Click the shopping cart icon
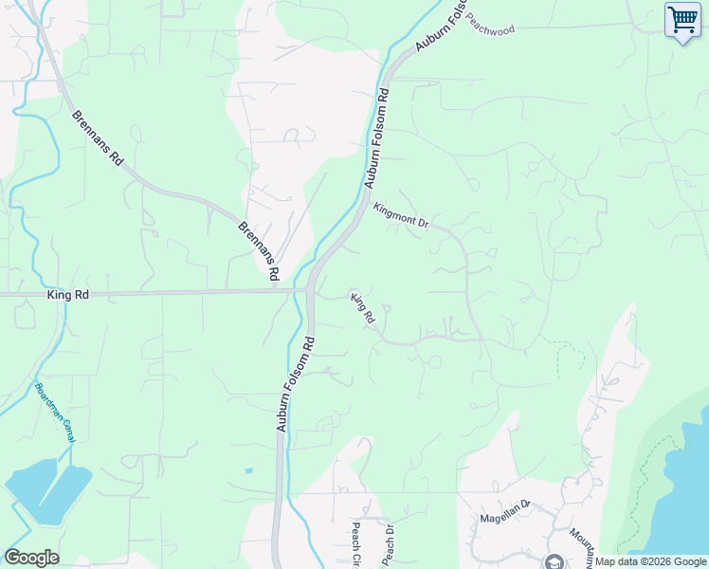click(x=682, y=20)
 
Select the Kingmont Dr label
click(x=401, y=215)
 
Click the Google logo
click(x=31, y=557)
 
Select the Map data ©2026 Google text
click(x=651, y=561)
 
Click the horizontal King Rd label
click(x=67, y=296)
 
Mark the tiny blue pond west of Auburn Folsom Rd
click(x=247, y=470)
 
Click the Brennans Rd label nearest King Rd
click(x=259, y=250)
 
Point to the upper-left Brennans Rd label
click(x=99, y=138)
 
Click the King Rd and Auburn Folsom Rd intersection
click(x=310, y=291)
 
